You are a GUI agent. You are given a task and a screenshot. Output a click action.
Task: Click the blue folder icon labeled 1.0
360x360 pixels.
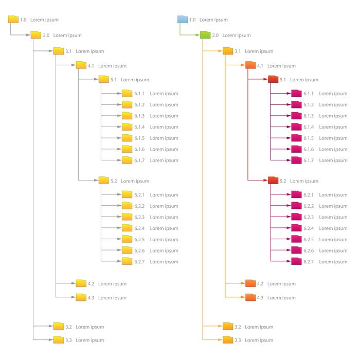click(183, 20)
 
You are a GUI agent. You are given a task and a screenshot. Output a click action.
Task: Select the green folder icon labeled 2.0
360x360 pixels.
click(205, 35)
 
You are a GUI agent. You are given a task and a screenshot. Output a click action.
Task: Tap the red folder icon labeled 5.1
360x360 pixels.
click(273, 79)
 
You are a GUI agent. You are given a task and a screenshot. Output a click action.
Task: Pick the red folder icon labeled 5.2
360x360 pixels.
click(273, 181)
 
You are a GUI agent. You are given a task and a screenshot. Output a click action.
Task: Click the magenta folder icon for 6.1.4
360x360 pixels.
click(296, 127)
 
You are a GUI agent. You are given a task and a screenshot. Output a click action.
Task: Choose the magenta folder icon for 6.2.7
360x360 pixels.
click(296, 261)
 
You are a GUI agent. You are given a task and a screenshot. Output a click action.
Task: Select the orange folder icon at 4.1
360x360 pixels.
click(250, 65)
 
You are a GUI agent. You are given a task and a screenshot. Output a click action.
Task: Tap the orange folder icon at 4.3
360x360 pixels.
click(250, 297)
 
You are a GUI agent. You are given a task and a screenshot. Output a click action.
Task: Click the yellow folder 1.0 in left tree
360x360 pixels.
click(13, 20)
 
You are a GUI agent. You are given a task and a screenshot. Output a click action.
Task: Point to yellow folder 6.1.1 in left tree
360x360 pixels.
click(127, 93)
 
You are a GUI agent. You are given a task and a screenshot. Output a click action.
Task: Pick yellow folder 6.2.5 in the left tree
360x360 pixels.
click(127, 239)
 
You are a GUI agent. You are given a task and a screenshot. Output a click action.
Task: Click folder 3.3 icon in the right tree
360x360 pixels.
click(228, 339)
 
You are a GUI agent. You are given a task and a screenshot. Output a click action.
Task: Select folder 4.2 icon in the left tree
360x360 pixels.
click(81, 283)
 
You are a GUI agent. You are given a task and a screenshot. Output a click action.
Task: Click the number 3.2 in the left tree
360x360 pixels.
click(68, 327)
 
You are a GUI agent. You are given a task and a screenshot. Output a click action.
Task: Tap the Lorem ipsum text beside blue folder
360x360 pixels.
click(213, 20)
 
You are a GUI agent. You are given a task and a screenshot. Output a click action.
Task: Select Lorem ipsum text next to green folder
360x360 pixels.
click(237, 35)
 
